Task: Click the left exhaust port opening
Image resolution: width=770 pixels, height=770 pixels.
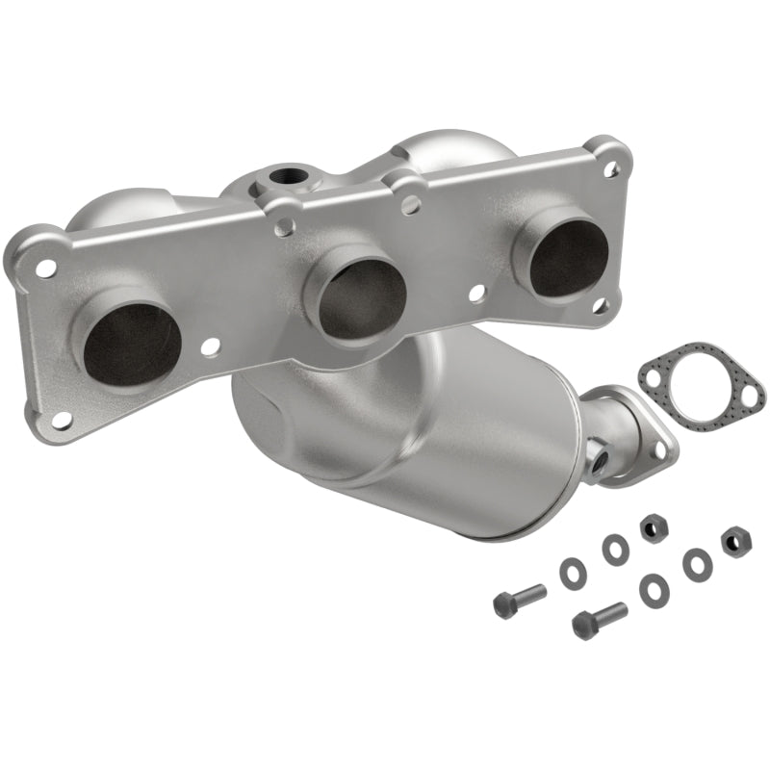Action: (x=127, y=344)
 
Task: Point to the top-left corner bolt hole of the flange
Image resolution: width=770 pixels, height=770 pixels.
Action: (x=45, y=269)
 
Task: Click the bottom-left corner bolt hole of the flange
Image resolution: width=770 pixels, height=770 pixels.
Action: (x=63, y=420)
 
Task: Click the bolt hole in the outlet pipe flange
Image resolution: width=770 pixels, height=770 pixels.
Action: (x=660, y=443)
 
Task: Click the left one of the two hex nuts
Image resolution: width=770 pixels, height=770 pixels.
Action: (x=651, y=526)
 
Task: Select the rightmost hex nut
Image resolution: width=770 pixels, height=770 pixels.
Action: (x=735, y=540)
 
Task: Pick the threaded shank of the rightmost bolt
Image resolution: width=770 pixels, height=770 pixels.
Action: (x=612, y=612)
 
